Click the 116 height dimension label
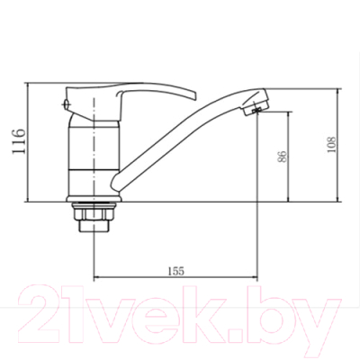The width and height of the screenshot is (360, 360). coord(18,141)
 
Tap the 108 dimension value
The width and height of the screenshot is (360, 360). coord(331,145)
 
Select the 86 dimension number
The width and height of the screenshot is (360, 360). coord(283,157)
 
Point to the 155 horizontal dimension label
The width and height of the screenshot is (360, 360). coord(175,271)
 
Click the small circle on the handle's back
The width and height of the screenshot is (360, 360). coord(67,104)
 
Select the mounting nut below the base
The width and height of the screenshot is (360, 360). coord(94,213)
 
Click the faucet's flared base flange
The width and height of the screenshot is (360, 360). coord(94,199)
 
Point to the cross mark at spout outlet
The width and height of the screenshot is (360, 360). coord(256,111)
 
